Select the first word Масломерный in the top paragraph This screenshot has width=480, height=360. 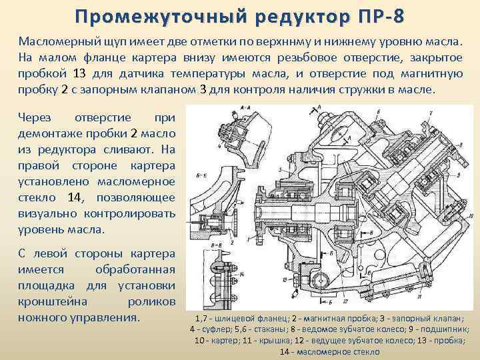point(56,41)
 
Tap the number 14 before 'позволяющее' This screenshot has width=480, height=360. point(75,197)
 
